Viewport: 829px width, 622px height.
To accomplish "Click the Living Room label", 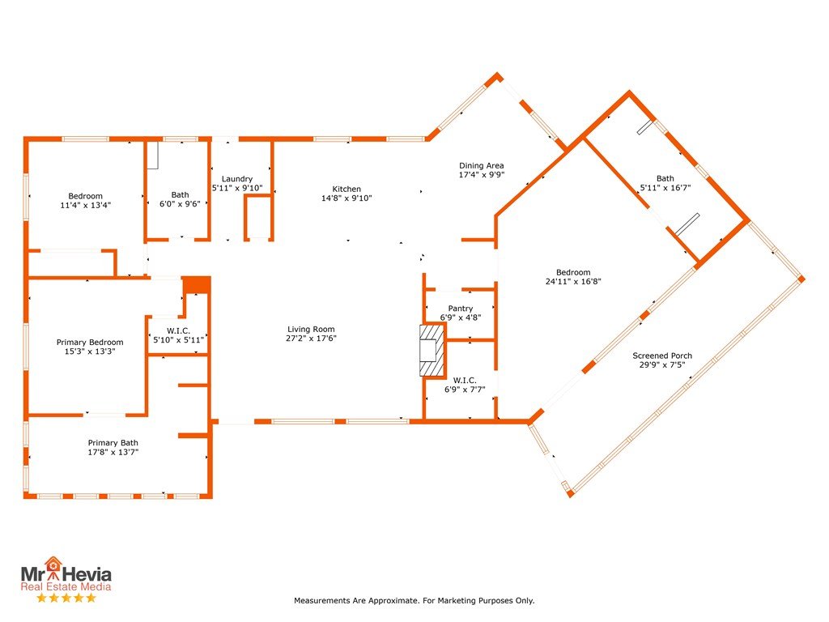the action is click(x=311, y=329).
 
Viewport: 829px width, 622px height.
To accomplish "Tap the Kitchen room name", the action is click(x=346, y=189).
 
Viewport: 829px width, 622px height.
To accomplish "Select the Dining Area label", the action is click(x=481, y=165).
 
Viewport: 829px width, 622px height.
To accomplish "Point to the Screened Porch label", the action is click(x=662, y=356).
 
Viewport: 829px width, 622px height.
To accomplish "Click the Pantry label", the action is click(x=461, y=309).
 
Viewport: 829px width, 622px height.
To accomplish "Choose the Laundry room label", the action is click(x=237, y=179).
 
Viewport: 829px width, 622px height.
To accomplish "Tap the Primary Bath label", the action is click(x=113, y=443).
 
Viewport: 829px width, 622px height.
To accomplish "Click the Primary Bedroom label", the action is click(x=90, y=343).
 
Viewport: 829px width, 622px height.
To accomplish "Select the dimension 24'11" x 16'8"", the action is click(x=573, y=281).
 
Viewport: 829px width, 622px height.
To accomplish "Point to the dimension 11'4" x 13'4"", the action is click(x=86, y=205).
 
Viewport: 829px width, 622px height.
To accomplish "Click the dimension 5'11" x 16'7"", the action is click(x=665, y=188).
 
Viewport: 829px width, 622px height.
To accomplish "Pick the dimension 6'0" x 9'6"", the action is click(x=180, y=203).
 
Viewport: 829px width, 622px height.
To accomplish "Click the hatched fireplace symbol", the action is click(x=432, y=350).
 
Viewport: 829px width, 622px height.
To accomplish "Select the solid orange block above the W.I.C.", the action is click(x=197, y=284).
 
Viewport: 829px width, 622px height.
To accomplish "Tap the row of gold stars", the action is click(x=66, y=599).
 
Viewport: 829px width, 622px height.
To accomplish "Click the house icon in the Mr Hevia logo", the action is click(x=53, y=564).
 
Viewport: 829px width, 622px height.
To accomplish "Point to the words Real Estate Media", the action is click(x=66, y=586).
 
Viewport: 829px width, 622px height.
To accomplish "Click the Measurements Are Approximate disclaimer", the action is click(x=414, y=600).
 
